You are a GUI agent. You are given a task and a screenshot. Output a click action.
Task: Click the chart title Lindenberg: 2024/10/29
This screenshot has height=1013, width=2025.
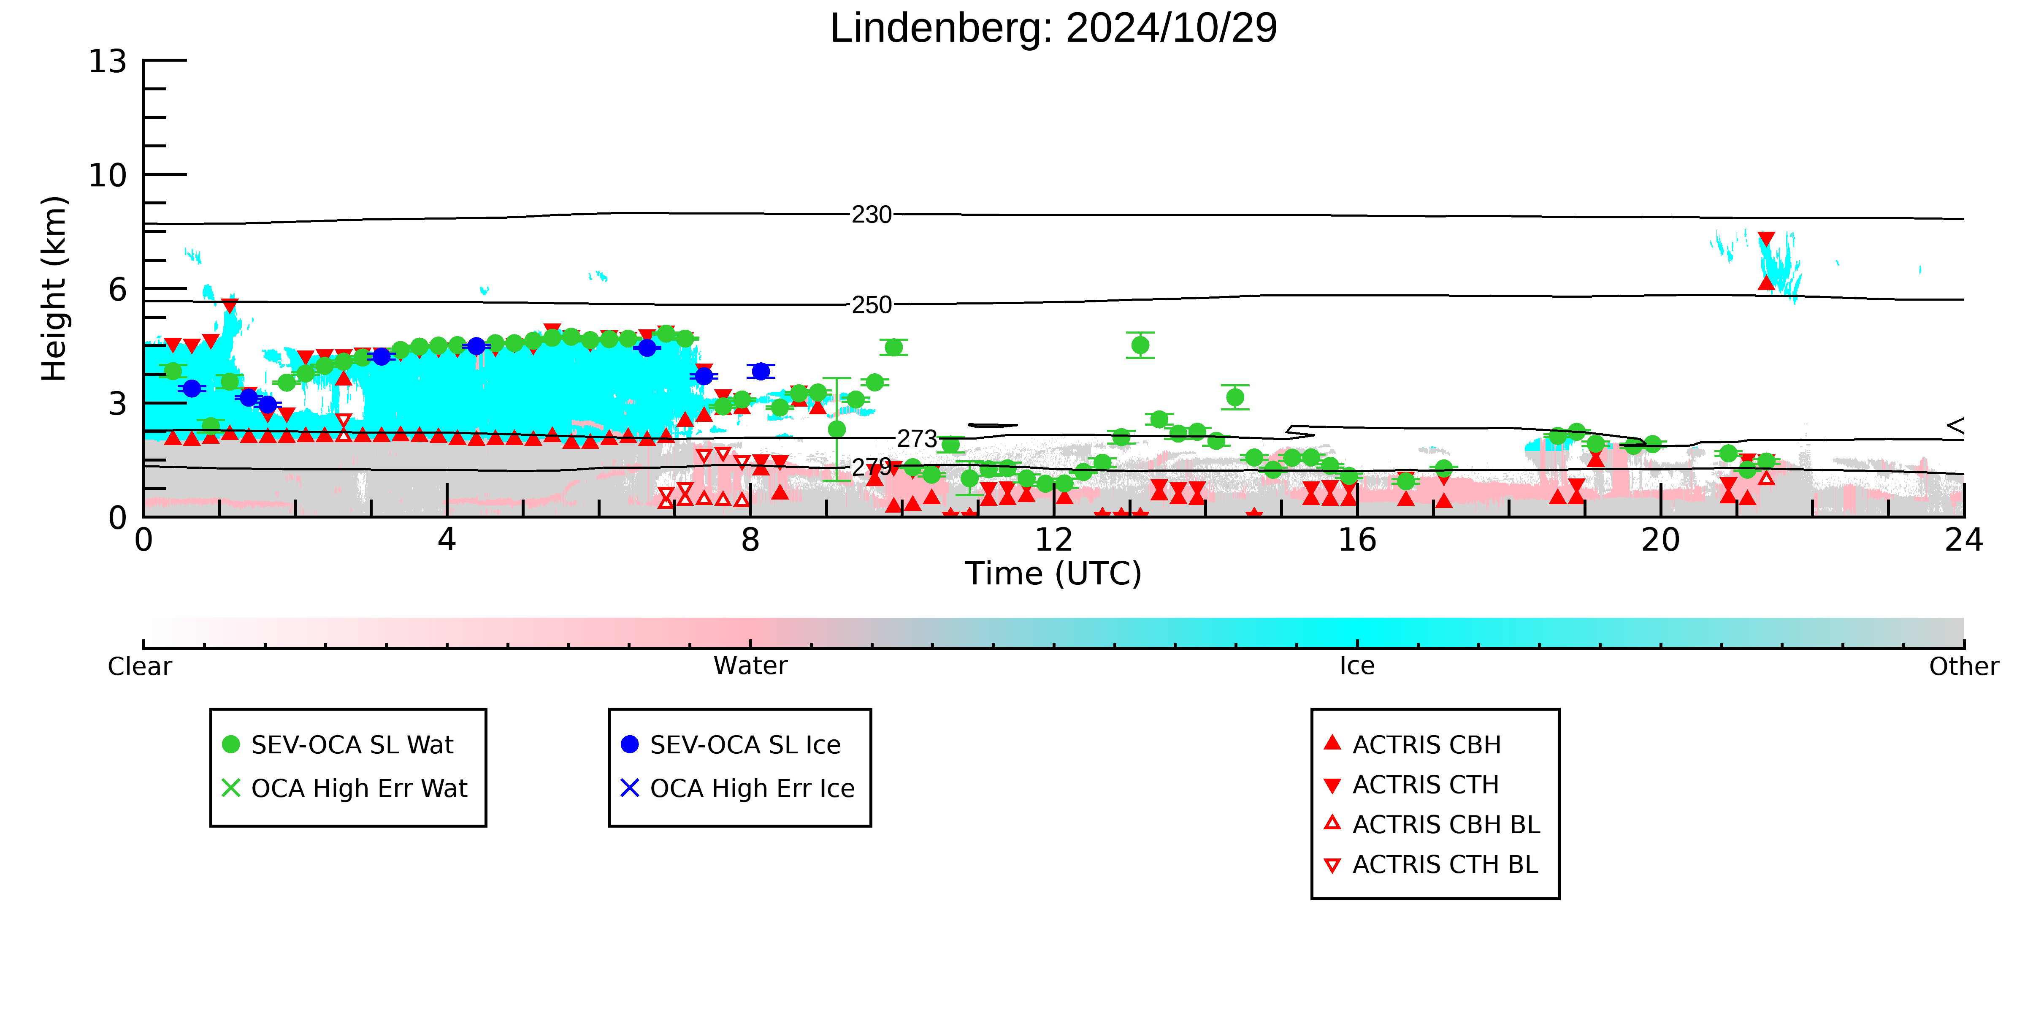(x=1053, y=28)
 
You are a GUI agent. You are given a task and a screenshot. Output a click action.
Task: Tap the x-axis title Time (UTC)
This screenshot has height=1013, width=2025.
(x=1053, y=573)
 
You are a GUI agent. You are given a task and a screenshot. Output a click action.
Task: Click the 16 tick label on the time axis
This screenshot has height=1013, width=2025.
(x=1358, y=540)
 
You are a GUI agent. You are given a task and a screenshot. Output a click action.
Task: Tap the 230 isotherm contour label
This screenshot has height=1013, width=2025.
(x=872, y=215)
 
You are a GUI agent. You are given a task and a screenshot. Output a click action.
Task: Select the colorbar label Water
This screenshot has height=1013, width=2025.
(x=751, y=666)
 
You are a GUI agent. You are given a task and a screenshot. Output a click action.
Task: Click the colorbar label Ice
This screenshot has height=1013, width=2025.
(x=1358, y=666)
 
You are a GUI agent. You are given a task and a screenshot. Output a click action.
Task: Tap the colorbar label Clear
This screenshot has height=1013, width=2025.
(x=140, y=666)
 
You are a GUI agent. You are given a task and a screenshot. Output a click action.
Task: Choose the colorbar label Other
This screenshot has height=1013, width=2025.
(x=1964, y=666)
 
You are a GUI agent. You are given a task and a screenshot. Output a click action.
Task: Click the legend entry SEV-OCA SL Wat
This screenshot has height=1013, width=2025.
(x=338, y=745)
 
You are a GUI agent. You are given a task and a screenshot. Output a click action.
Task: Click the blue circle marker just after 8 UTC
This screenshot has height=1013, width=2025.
(x=760, y=371)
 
